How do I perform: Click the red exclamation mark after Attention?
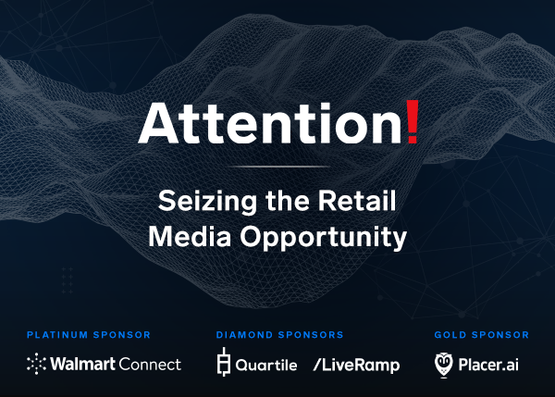[x=413, y=122]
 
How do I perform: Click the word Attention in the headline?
[x=270, y=123]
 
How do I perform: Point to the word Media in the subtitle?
[x=190, y=236]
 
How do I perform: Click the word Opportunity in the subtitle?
[x=324, y=238]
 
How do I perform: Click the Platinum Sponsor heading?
[x=89, y=335]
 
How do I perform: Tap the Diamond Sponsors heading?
[x=279, y=335]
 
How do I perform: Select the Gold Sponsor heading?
[x=481, y=335]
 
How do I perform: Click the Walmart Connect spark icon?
[x=36, y=364]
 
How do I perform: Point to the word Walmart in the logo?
[x=83, y=364]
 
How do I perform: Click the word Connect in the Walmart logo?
[x=150, y=364]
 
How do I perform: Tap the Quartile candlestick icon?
[x=224, y=362]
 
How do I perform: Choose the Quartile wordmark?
[x=266, y=365]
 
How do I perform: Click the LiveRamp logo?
[x=356, y=366]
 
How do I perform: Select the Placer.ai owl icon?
[x=443, y=365]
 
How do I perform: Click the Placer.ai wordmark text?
[x=488, y=365]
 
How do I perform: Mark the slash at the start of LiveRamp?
[x=316, y=365]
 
